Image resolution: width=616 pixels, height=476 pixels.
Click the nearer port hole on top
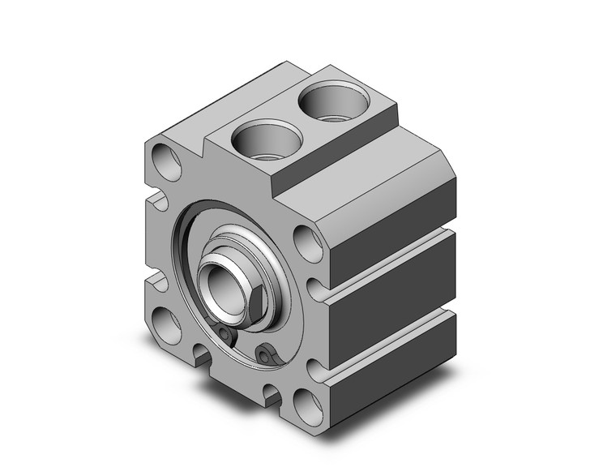pyautogui.click(x=260, y=139)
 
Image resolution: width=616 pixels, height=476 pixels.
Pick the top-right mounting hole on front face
pyautogui.click(x=306, y=240)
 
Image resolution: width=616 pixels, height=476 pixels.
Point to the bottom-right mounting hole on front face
pyautogui.click(x=306, y=402)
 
